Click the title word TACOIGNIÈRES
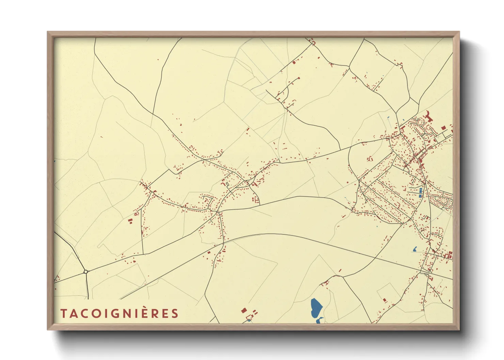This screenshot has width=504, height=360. click(119, 313)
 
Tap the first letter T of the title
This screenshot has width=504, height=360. click(63, 313)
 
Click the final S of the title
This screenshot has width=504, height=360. click(175, 313)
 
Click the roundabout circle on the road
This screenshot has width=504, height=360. click(86, 272)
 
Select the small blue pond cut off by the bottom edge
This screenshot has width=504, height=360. click(320, 320)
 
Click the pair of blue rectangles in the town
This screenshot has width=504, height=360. click(420, 193)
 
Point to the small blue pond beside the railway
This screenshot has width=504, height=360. click(415, 249)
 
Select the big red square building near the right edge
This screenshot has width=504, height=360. click(443, 128)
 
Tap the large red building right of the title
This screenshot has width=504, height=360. click(243, 310)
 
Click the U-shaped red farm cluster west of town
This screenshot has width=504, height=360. click(370, 159)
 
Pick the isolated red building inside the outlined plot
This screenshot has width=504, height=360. click(384, 300)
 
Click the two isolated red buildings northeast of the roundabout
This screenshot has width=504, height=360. click(130, 221)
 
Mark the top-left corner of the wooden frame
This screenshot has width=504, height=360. click(48, 32)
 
